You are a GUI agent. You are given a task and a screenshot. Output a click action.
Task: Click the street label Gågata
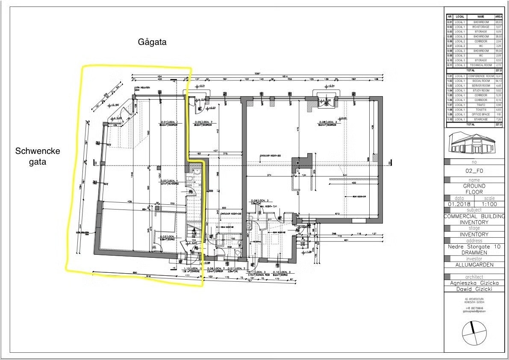[152, 42]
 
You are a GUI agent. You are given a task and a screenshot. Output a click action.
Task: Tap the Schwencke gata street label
[38, 156]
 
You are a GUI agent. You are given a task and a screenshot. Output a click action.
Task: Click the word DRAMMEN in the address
[474, 252]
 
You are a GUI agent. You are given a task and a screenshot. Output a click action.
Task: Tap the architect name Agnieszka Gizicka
[474, 283]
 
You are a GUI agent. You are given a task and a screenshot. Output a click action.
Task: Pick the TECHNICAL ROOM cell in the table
[480, 65]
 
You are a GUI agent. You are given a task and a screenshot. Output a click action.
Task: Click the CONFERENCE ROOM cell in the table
[480, 76]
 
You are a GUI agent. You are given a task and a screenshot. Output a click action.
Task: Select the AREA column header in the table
[498, 17]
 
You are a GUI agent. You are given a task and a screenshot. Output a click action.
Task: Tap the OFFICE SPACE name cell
[480, 115]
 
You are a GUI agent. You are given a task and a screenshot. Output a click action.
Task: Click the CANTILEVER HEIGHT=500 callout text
[269, 156]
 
